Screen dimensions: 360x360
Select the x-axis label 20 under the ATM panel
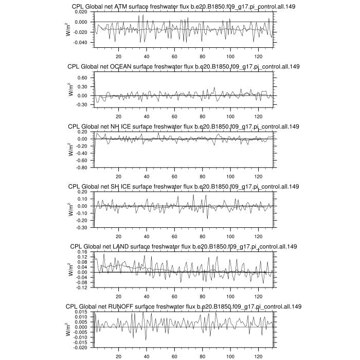pyautogui.click(x=119, y=57)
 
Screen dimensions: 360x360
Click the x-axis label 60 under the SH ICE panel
pyautogui.click(x=174, y=236)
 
